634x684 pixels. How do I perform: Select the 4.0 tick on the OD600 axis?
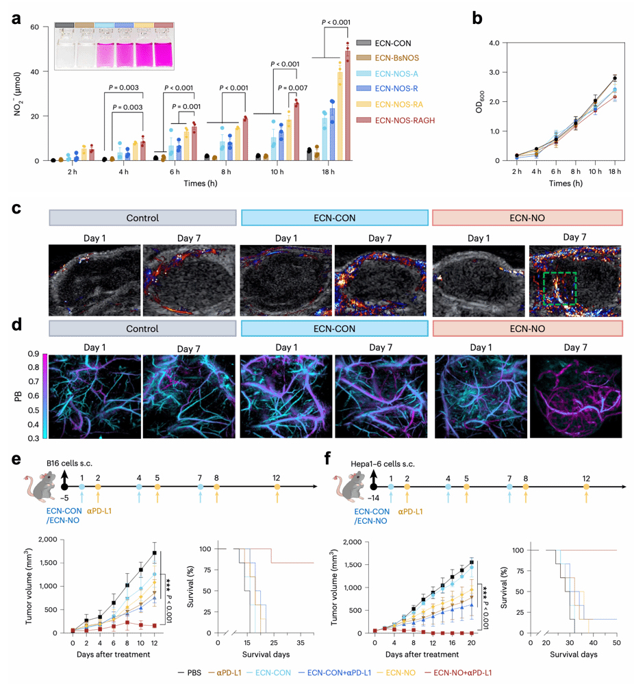pyautogui.click(x=497, y=42)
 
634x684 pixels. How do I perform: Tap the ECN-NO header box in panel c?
pyautogui.click(x=527, y=218)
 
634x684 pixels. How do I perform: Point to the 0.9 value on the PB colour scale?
pyautogui.click(x=33, y=354)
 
